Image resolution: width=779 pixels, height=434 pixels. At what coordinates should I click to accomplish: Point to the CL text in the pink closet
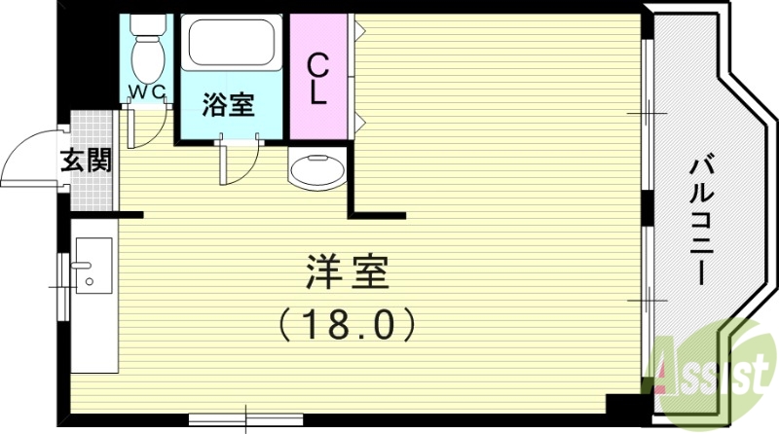click(x=318, y=80)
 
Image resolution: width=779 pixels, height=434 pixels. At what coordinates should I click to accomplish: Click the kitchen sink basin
click(x=93, y=265)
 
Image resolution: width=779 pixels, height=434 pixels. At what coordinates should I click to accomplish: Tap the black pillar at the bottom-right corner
click(x=623, y=405)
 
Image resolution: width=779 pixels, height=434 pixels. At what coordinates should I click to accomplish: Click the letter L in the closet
click(x=318, y=94)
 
